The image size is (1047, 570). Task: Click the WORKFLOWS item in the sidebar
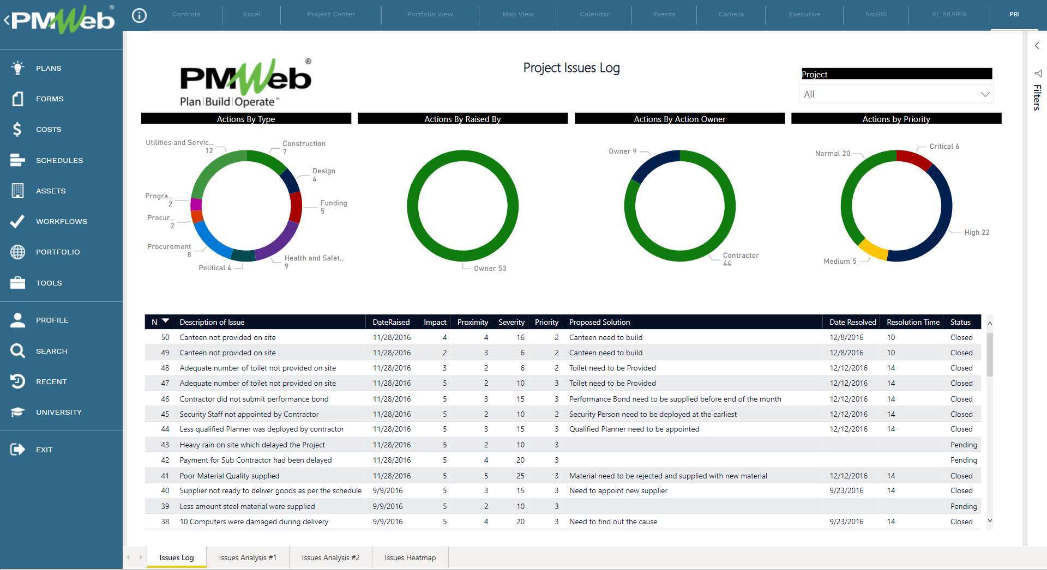tap(61, 221)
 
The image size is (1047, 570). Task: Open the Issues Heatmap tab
tap(410, 557)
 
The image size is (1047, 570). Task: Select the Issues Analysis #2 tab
tap(330, 557)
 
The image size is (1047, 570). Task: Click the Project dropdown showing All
tap(896, 94)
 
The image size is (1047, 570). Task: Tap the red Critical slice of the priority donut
tap(914, 159)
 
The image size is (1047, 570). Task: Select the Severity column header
tap(511, 322)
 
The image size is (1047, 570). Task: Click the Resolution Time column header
tap(913, 322)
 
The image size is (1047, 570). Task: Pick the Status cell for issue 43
tap(963, 445)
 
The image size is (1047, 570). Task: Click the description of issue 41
tap(229, 476)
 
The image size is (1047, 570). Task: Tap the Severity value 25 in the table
tap(520, 476)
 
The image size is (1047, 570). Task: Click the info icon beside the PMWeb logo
tap(139, 16)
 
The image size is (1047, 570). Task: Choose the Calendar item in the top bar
tap(594, 14)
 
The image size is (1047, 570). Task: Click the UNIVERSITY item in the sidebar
tap(58, 412)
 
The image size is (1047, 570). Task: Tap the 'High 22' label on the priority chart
tap(976, 233)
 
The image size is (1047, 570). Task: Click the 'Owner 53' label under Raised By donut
tap(490, 268)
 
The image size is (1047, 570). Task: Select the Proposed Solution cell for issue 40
tap(618, 490)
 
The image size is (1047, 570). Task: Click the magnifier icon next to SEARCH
tap(17, 350)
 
